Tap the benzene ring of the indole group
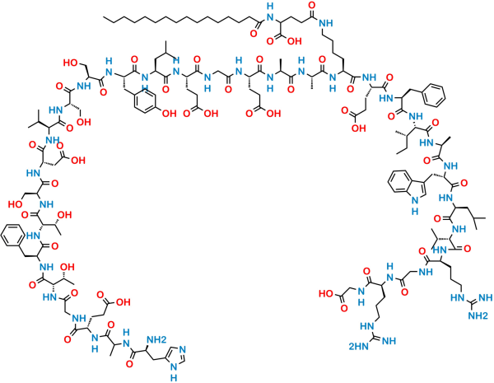pyautogui.click(x=397, y=182)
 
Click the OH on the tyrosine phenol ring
pyautogui.click(x=169, y=113)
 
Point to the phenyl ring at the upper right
pyautogui.click(x=435, y=95)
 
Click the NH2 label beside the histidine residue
pyautogui.click(x=156, y=339)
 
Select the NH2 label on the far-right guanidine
pyautogui.click(x=478, y=315)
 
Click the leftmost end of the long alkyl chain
pyautogui.click(x=104, y=17)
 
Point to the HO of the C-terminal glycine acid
pyautogui.click(x=326, y=294)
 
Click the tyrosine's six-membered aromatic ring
pyautogui.click(x=144, y=100)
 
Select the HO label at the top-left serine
pyautogui.click(x=71, y=63)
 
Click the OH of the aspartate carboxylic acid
pyautogui.click(x=78, y=161)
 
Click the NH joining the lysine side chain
pyautogui.click(x=326, y=23)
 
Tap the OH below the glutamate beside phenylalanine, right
pyautogui.click(x=358, y=128)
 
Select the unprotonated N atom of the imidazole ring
pyautogui.click(x=183, y=349)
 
